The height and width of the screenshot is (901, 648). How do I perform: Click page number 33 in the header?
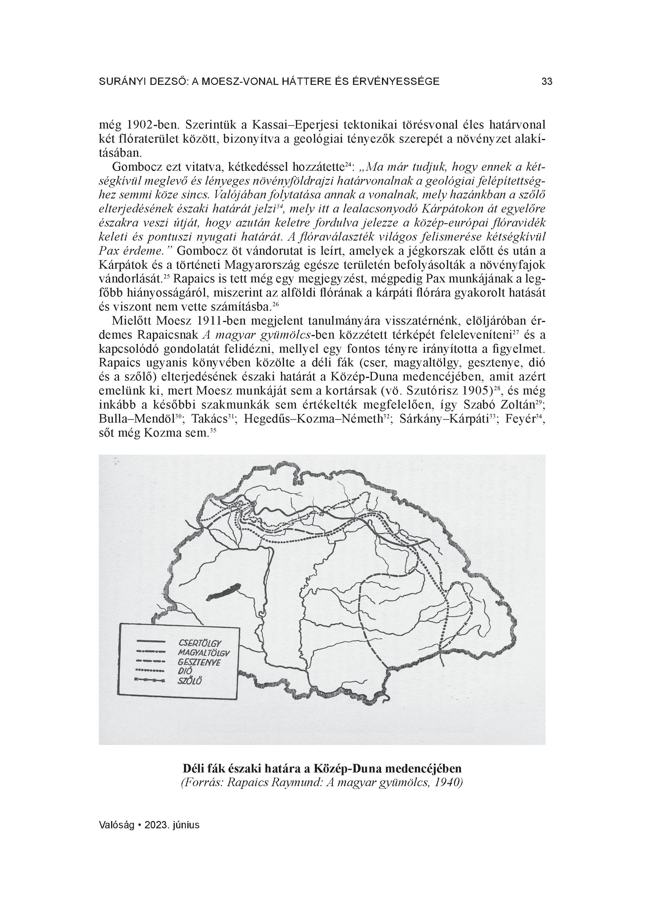547,82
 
